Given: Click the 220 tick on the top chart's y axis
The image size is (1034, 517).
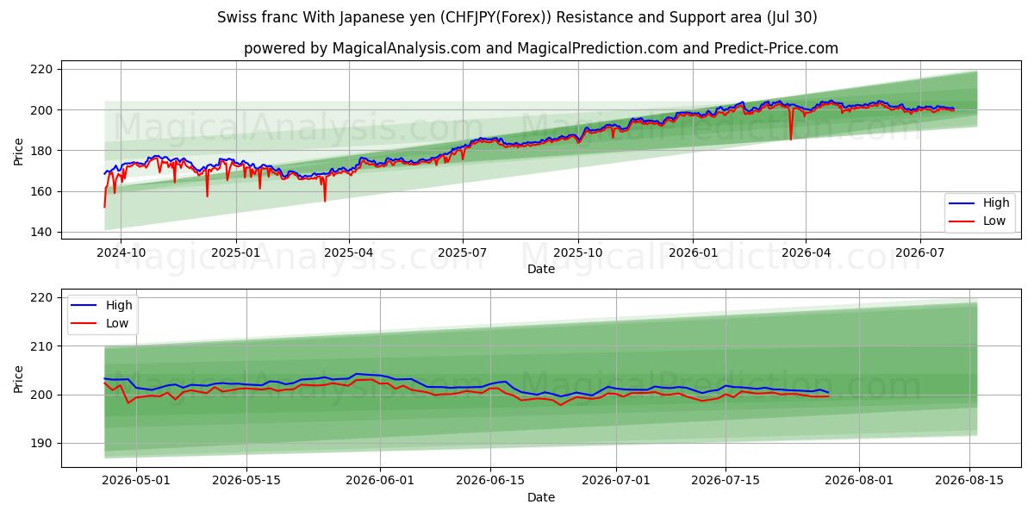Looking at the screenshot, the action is pyautogui.click(x=41, y=69).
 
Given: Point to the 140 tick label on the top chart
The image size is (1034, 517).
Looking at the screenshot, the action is pyautogui.click(x=41, y=232).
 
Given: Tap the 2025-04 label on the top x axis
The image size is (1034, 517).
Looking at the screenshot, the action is pyautogui.click(x=349, y=253).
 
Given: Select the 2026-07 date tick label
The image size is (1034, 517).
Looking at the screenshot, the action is pyautogui.click(x=920, y=253).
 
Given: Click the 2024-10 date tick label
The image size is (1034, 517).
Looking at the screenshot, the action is pyautogui.click(x=121, y=253).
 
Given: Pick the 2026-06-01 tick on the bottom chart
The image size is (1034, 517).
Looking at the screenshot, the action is pyautogui.click(x=380, y=481).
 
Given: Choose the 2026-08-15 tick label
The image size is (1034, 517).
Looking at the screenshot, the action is pyautogui.click(x=969, y=481).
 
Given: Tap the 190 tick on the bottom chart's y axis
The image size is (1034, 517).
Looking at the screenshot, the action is pyautogui.click(x=41, y=444).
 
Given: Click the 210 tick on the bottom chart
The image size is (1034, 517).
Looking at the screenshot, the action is pyautogui.click(x=41, y=346).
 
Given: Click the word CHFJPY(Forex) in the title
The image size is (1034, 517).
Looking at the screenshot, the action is pyautogui.click(x=495, y=17).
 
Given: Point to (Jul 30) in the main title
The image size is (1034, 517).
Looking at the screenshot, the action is pyautogui.click(x=792, y=17).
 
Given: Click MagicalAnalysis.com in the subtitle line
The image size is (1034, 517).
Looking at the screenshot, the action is pyautogui.click(x=406, y=48).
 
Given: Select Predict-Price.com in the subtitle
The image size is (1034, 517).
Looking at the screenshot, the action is pyautogui.click(x=776, y=48).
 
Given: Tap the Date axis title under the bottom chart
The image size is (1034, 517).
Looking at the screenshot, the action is pyautogui.click(x=541, y=497).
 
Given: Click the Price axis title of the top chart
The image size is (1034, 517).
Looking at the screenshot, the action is pyautogui.click(x=18, y=152).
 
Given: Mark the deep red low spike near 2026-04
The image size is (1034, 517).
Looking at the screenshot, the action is pyautogui.click(x=791, y=124).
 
